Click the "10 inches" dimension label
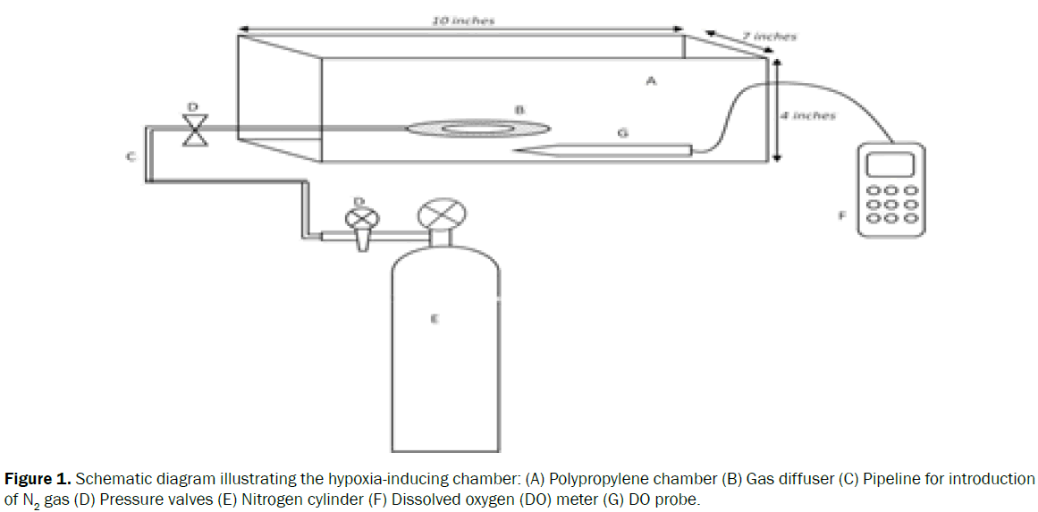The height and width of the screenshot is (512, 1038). click(463, 21)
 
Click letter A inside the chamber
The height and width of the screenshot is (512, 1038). click(651, 80)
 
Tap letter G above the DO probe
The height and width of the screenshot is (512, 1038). click(622, 132)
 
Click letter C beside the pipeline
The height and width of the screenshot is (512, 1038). click(130, 157)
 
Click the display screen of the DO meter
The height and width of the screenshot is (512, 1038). click(890, 164)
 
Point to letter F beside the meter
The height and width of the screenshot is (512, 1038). click(841, 214)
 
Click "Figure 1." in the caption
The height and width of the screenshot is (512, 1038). click(38, 480)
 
